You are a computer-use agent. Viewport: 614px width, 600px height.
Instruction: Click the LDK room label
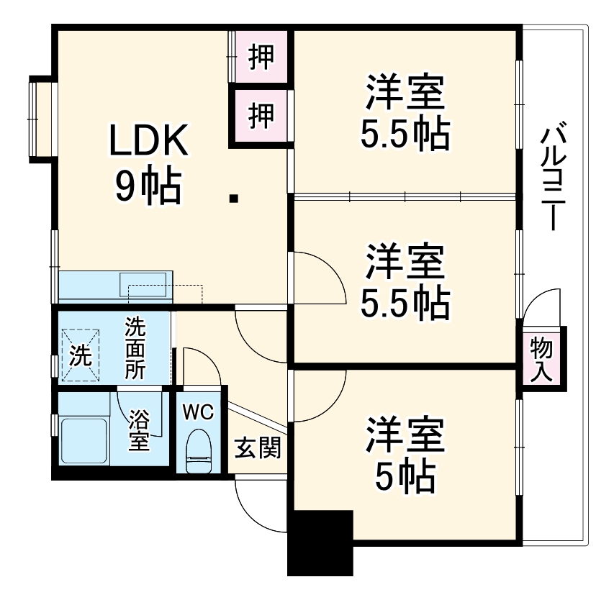click(x=148, y=142)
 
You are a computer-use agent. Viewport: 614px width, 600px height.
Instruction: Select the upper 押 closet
click(x=261, y=58)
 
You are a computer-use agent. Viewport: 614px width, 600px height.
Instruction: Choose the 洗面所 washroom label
click(x=135, y=348)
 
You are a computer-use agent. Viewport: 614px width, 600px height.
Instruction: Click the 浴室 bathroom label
click(x=139, y=430)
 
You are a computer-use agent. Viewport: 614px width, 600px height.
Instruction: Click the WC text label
click(x=197, y=412)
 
